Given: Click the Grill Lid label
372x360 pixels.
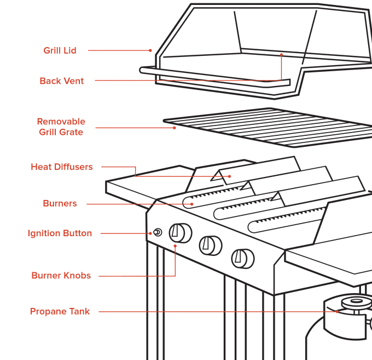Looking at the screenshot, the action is [x=60, y=50].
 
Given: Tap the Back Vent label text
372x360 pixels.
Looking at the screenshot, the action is [x=62, y=81].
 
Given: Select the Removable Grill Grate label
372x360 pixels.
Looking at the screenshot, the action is [x=61, y=127].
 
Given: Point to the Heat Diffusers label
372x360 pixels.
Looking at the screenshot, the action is [x=62, y=167].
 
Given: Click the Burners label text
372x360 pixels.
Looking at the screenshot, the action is [x=60, y=203].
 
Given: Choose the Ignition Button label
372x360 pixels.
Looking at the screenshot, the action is [x=60, y=233].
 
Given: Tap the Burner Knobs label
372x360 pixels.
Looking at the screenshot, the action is [x=61, y=276].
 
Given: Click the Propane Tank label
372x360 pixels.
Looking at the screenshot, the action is [x=60, y=311].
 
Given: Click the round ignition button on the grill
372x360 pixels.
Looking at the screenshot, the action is [x=158, y=232].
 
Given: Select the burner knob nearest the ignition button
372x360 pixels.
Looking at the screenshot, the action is [x=181, y=233].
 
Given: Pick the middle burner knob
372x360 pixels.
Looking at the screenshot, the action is [x=211, y=245].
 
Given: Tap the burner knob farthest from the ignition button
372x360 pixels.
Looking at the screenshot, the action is [x=243, y=259].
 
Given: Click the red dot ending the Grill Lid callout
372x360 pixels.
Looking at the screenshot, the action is [x=150, y=50].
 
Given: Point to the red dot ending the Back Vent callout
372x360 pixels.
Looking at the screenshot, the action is [x=281, y=55].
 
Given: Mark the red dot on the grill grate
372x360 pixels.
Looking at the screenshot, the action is [x=175, y=128].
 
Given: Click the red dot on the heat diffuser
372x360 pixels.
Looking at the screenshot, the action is [x=229, y=176].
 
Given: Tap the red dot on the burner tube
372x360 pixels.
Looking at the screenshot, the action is [x=191, y=204].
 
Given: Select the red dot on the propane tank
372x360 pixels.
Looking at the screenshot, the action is [x=337, y=312].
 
